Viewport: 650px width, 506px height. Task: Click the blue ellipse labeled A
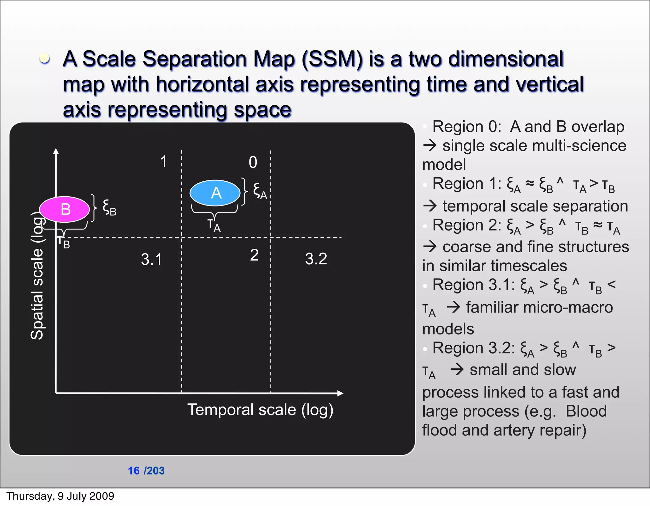coord(215,193)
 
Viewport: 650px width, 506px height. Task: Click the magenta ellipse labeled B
coord(64,209)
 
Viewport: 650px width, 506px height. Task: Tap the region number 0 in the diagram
coord(253,162)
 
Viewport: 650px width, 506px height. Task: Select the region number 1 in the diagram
coord(163,162)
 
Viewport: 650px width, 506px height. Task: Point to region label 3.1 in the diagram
coord(151,259)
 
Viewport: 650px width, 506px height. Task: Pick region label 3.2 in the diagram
coord(316,259)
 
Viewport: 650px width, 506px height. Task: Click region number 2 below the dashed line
coord(254,255)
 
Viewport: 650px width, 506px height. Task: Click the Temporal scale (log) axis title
coord(260,410)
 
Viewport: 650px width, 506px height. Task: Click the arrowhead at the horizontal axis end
coord(340,393)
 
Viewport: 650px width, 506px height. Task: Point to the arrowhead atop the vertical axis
coord(56,151)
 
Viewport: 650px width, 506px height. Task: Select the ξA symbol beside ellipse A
coord(260,191)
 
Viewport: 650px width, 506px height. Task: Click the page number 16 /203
coord(146,470)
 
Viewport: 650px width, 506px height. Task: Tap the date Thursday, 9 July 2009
coord(60,496)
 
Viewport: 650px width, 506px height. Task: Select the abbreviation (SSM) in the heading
coord(332,59)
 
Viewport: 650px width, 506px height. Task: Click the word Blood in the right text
coord(586,411)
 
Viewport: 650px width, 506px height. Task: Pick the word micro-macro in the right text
coord(539,307)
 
